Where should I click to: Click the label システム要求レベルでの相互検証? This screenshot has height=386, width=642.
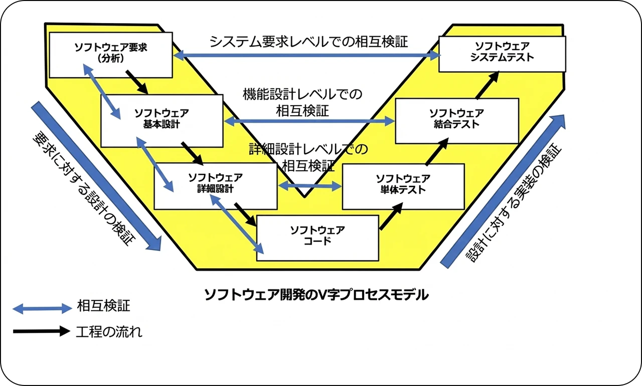click(308, 41)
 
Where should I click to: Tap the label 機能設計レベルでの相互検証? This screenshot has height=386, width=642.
click(302, 102)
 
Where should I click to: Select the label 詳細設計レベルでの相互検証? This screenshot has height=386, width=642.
click(308, 156)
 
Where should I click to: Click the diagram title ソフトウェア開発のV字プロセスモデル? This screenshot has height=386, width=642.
click(316, 294)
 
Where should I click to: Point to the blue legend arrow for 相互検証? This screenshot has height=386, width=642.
click(43, 308)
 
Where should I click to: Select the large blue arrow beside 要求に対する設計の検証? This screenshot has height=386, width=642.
click(95, 175)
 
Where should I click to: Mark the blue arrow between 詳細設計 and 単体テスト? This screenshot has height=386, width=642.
click(309, 186)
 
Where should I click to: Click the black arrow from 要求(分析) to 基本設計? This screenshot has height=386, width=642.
click(136, 82)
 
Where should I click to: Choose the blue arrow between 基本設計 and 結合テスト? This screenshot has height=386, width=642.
click(309, 121)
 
